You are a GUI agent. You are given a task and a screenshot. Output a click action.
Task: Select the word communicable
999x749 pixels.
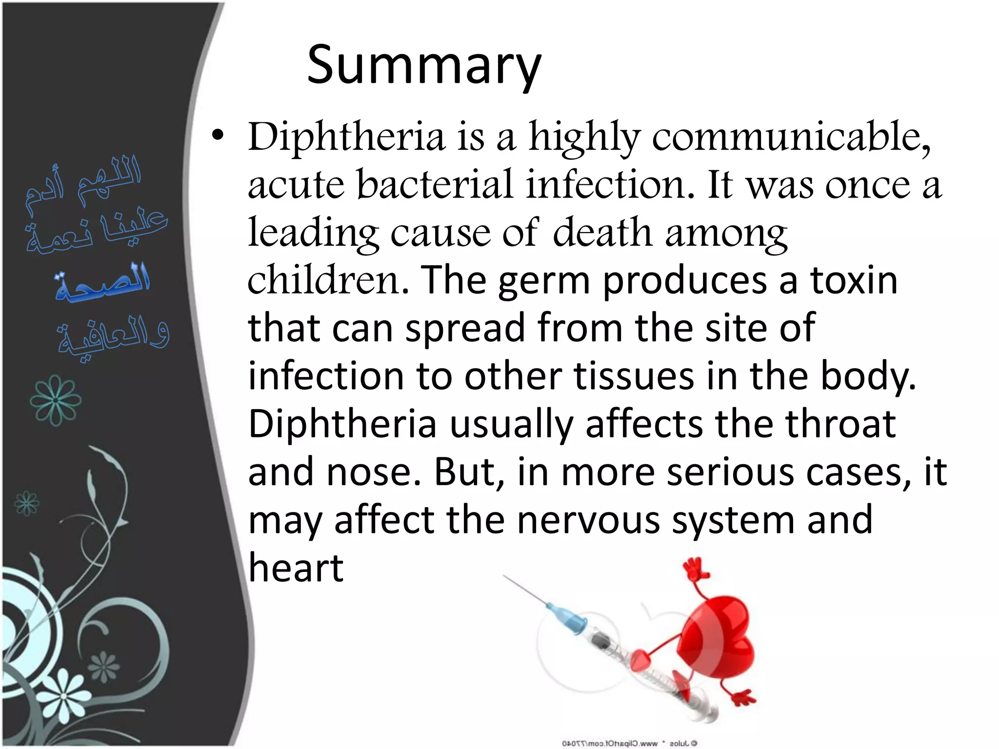coord(791,137)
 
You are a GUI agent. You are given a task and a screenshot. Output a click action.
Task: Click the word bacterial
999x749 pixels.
coord(435,185)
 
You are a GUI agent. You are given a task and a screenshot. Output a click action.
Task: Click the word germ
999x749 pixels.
coord(543,282)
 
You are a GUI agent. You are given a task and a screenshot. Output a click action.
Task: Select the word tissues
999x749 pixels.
coord(634,376)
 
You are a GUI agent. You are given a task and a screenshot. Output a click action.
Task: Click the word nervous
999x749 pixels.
coord(588,520)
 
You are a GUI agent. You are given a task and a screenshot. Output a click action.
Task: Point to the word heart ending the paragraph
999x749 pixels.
coord(296,568)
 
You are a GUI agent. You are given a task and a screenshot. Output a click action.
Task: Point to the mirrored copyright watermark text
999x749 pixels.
coord(629,744)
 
